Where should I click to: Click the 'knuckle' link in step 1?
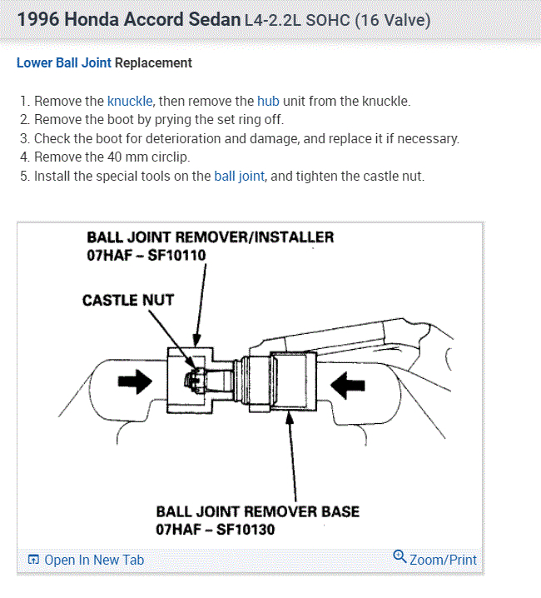tap(130, 101)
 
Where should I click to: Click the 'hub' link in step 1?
tap(268, 101)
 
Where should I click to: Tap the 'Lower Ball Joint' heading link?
tap(64, 62)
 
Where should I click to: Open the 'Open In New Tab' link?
tap(94, 560)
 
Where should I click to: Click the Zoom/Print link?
tap(443, 560)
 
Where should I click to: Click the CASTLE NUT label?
tap(128, 300)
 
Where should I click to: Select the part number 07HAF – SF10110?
tap(146, 255)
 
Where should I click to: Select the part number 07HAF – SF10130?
tap(215, 529)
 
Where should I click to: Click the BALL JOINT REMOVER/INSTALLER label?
tap(210, 237)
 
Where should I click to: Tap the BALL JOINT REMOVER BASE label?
tap(258, 511)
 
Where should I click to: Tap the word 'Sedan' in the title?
tap(213, 18)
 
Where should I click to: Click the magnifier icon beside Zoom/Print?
tap(400, 558)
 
